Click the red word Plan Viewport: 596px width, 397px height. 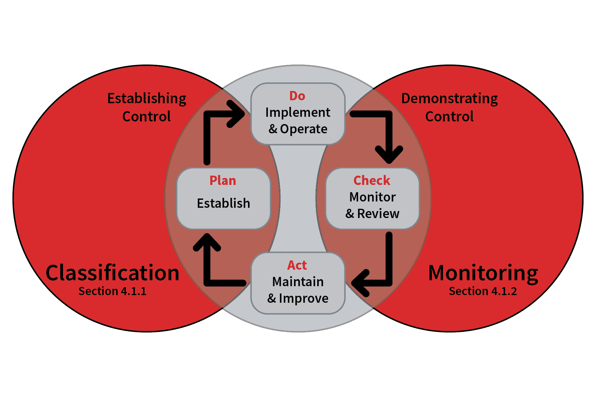pos(223,181)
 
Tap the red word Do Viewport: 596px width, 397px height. pos(297,96)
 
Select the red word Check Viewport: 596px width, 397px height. pos(372,181)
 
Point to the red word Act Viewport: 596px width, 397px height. pos(297,265)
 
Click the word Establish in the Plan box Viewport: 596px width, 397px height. pos(224,203)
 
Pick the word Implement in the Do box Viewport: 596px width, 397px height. pos(298,112)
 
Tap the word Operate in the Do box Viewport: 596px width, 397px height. pos(304,129)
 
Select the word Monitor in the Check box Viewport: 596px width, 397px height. pos(372,197)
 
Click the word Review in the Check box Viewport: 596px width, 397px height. pos(378,214)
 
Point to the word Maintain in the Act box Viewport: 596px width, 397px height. pos(298,282)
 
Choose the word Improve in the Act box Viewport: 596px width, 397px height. pos(304,298)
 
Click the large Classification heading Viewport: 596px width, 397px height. pos(112,273)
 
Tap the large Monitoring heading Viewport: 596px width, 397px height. pos(483,273)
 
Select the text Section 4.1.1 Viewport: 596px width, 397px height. pos(112,291)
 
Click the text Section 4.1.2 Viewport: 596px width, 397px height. pos(483,291)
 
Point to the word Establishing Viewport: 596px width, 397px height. pos(147,99)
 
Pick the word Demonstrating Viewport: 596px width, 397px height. pos(449,99)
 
